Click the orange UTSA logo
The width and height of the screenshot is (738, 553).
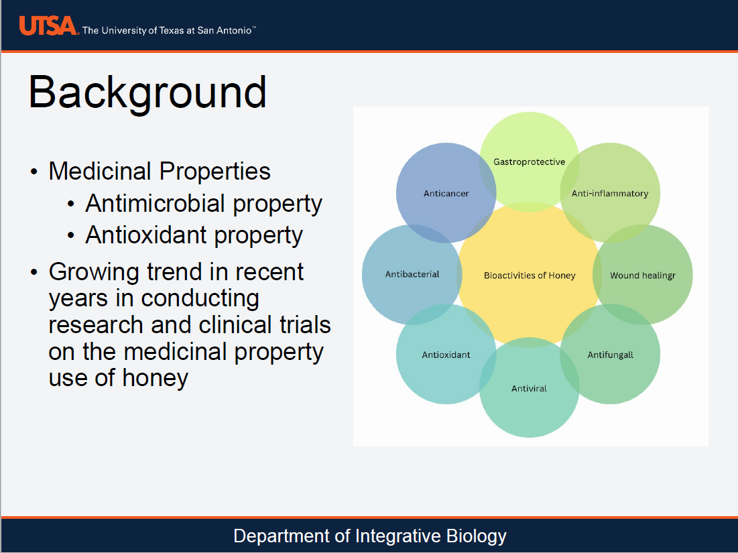pyautogui.click(x=48, y=26)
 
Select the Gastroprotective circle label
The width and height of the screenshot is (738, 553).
pyautogui.click(x=529, y=162)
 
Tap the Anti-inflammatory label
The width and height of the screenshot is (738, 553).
pyautogui.click(x=609, y=194)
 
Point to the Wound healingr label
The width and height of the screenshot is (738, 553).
pyautogui.click(x=642, y=275)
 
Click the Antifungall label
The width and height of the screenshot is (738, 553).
pyautogui.click(x=610, y=355)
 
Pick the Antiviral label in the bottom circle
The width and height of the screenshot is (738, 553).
pyautogui.click(x=529, y=389)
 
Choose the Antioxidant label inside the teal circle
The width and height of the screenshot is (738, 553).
pyautogui.click(x=446, y=355)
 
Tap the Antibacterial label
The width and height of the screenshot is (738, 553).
pyautogui.click(x=412, y=274)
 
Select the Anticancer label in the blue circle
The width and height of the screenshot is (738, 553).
pyautogui.click(x=446, y=194)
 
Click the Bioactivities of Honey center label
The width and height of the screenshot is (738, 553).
pyautogui.click(x=529, y=275)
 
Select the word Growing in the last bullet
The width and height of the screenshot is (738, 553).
pyautogui.click(x=93, y=272)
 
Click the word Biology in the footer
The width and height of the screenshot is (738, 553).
pyautogui.click(x=477, y=536)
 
